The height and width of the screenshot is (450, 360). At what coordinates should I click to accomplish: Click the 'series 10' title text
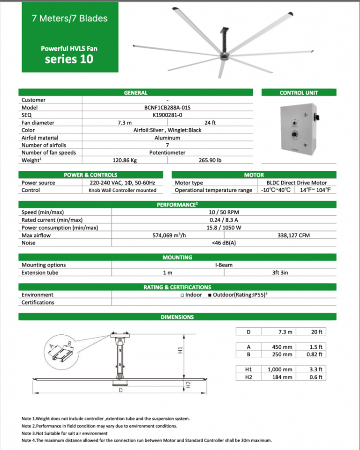(x=69, y=59)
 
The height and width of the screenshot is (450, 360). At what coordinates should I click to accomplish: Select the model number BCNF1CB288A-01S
(x=167, y=107)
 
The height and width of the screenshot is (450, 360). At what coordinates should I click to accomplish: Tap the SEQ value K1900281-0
(x=167, y=115)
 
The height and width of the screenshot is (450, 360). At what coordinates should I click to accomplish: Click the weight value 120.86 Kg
(x=125, y=160)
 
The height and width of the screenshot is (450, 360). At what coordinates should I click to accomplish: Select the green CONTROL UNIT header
(x=299, y=93)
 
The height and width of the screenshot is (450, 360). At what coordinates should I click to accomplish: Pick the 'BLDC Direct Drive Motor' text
(x=296, y=183)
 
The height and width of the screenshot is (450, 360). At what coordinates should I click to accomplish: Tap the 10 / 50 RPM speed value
(x=224, y=212)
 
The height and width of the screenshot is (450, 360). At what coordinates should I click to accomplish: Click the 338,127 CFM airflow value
(x=293, y=235)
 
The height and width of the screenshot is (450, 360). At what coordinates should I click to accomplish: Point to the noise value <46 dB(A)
(x=224, y=243)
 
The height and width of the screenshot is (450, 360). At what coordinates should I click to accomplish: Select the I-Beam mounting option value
(x=224, y=265)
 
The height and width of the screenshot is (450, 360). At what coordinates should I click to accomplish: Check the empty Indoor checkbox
(x=182, y=295)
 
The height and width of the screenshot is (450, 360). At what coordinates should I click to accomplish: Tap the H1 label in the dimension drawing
(x=180, y=350)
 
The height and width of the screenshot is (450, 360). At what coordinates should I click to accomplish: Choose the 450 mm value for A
(x=282, y=347)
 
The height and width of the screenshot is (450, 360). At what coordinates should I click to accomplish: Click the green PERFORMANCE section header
(x=177, y=205)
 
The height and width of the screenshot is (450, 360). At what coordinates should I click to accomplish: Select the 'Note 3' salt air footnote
(x=65, y=433)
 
